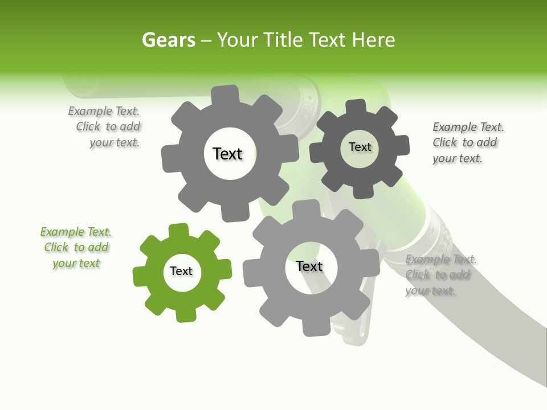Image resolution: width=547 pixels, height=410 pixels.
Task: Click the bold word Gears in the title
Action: coord(168,40)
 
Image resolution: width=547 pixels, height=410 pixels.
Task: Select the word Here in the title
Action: coord(373,40)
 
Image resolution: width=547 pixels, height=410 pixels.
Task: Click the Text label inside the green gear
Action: coord(181,272)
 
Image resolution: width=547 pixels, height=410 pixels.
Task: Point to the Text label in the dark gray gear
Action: coord(360,147)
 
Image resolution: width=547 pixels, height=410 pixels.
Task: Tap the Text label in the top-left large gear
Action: coord(227,154)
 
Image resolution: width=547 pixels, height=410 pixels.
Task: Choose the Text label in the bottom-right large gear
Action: coord(309,266)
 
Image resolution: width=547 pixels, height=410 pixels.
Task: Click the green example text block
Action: coord(76,248)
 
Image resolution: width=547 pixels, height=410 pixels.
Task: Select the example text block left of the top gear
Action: coord(106,127)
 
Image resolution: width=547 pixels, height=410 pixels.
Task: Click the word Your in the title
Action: coord(235,40)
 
